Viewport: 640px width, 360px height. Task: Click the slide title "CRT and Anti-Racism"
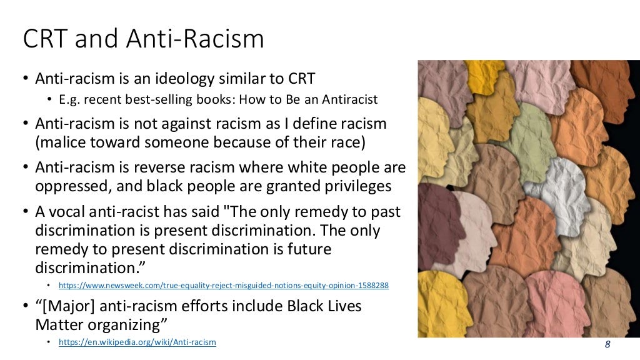[x=143, y=39]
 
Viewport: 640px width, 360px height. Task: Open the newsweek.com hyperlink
[x=224, y=285]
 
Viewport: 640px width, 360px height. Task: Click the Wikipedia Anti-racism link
[x=137, y=342]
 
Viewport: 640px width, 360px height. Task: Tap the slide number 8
[x=607, y=344]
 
